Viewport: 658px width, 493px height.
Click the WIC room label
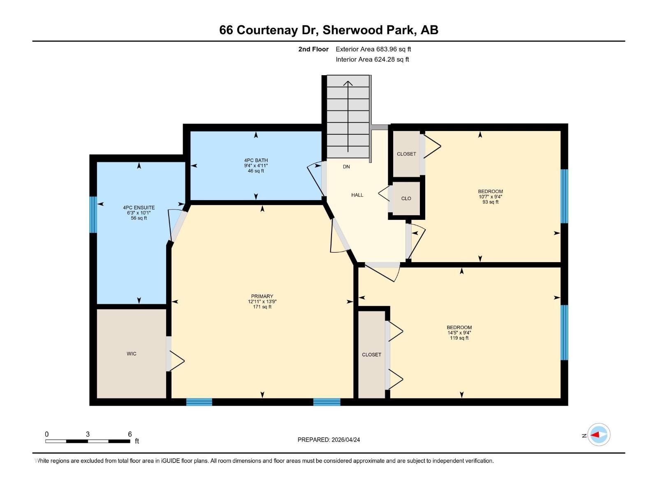pyautogui.click(x=132, y=354)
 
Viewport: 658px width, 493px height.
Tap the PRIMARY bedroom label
pyautogui.click(x=262, y=296)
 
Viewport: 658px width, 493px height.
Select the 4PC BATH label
pyautogui.click(x=256, y=161)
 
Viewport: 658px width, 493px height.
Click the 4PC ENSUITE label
pyautogui.click(x=139, y=208)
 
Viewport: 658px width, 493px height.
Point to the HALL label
pyautogui.click(x=357, y=195)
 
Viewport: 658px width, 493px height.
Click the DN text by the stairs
pyautogui.click(x=346, y=167)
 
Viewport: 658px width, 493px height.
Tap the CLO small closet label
pyautogui.click(x=406, y=198)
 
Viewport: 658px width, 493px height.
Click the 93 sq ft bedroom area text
pyautogui.click(x=490, y=202)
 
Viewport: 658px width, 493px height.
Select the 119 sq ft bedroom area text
pyautogui.click(x=459, y=338)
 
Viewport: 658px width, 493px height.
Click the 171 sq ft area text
pyautogui.click(x=262, y=307)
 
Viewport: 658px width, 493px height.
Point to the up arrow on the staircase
pyautogui.click(x=348, y=84)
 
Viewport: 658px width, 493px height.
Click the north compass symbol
pyautogui.click(x=598, y=435)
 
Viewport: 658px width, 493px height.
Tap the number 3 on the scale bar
pyautogui.click(x=88, y=434)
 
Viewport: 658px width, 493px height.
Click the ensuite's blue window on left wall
pyautogui.click(x=93, y=214)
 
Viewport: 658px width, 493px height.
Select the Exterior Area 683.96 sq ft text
pyautogui.click(x=373, y=49)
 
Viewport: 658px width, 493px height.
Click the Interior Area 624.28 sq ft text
pyautogui.click(x=372, y=60)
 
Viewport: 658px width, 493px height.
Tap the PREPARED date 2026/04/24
pyautogui.click(x=329, y=440)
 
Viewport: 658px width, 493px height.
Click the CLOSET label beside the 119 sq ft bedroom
pyautogui.click(x=371, y=355)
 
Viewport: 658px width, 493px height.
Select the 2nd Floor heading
pyautogui.click(x=313, y=49)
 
